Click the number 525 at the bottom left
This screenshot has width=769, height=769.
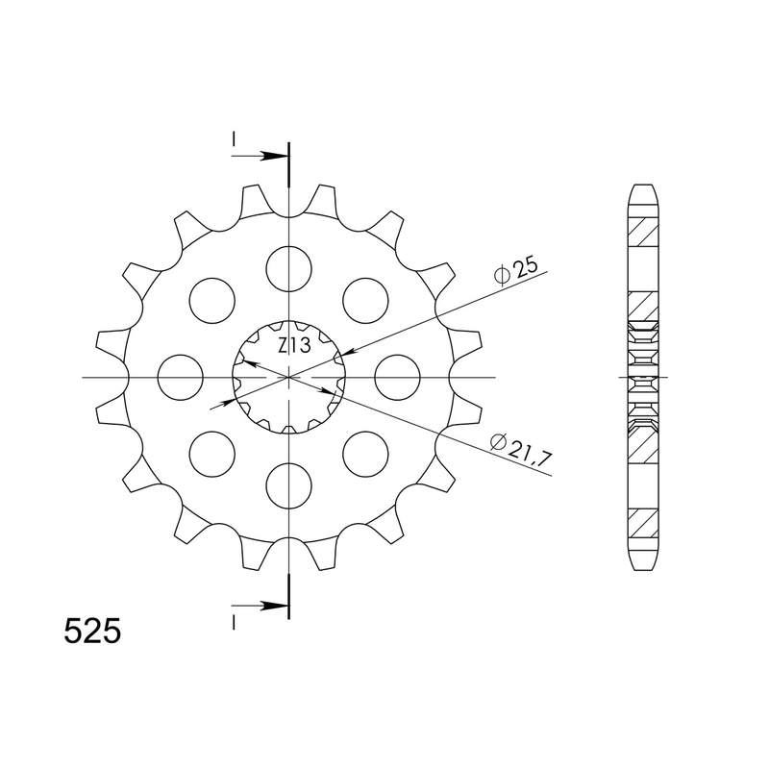92,631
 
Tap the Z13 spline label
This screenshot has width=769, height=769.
294,345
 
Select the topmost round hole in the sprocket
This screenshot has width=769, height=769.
288,267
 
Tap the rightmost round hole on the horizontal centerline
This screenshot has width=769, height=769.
397,377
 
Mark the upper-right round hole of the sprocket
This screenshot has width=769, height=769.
365,300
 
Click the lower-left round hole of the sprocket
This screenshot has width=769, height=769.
212,454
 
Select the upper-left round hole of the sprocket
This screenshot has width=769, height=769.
212,300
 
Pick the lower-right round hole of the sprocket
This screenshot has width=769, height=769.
365,454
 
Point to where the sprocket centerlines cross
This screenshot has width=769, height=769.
288,377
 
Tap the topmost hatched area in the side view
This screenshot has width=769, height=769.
643,231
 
